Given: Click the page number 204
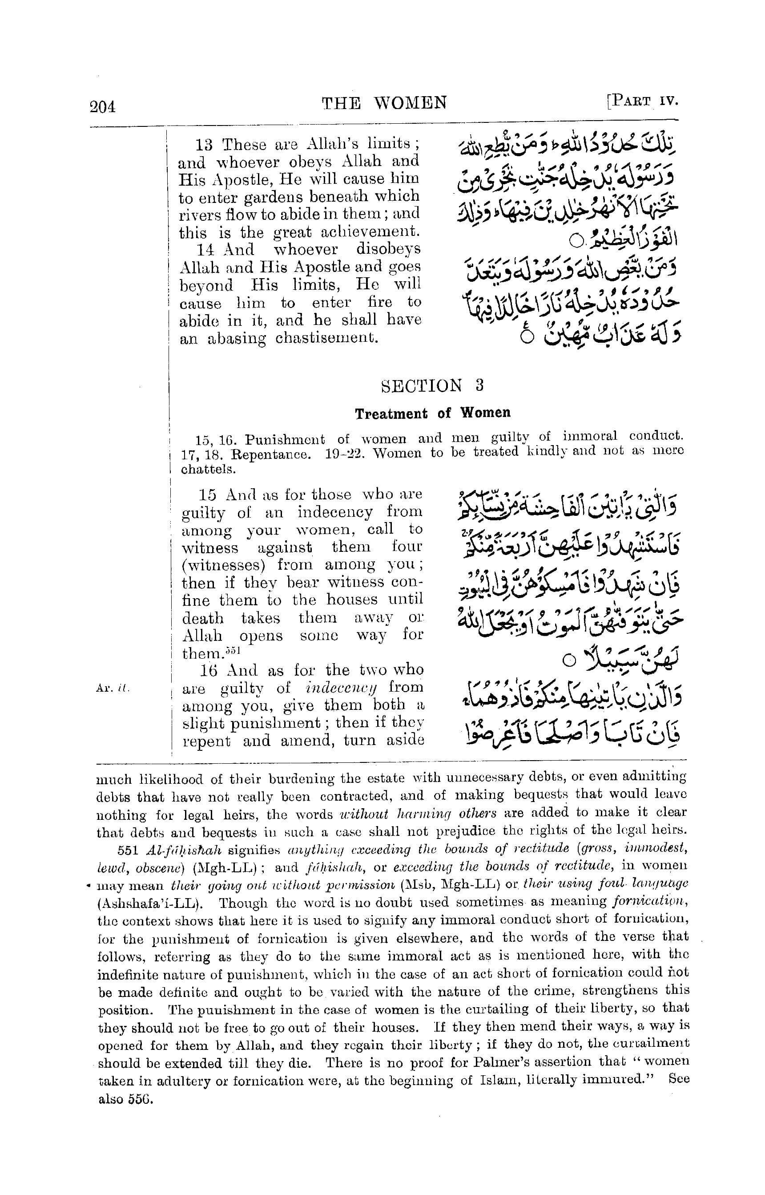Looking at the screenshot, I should [x=103, y=106].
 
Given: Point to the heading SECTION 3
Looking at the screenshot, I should [x=432, y=386].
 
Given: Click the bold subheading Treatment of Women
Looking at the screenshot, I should [x=432, y=413].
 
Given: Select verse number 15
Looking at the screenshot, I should [x=208, y=494].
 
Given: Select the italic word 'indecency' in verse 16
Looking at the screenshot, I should [x=341, y=688].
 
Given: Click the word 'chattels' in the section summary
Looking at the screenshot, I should [x=208, y=469].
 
